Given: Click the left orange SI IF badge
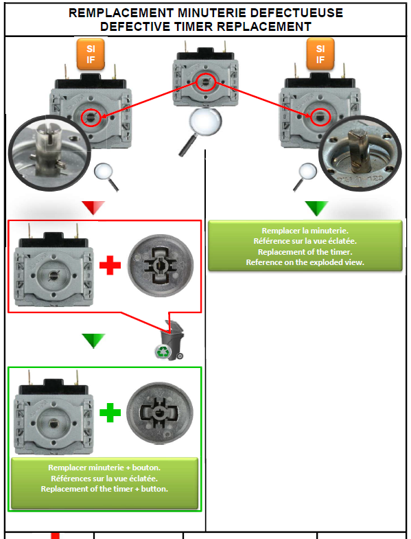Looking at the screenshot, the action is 91,54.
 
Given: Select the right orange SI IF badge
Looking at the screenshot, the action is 320,54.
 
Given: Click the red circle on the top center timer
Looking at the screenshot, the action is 206,82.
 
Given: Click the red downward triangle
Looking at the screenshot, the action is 93,207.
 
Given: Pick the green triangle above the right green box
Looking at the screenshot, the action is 316,207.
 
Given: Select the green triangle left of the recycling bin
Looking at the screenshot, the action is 93,341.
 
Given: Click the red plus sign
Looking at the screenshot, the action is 110,264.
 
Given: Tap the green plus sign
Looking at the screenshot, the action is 110,412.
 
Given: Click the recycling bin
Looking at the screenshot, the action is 171,341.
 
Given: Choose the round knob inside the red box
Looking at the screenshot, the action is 161,265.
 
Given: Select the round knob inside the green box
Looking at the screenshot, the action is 160,413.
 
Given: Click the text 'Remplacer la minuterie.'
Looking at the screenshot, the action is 305,231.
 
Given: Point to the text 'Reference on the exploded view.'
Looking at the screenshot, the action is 305,262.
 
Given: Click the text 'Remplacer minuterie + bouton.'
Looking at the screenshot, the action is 104,468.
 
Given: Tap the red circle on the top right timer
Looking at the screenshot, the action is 320,117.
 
